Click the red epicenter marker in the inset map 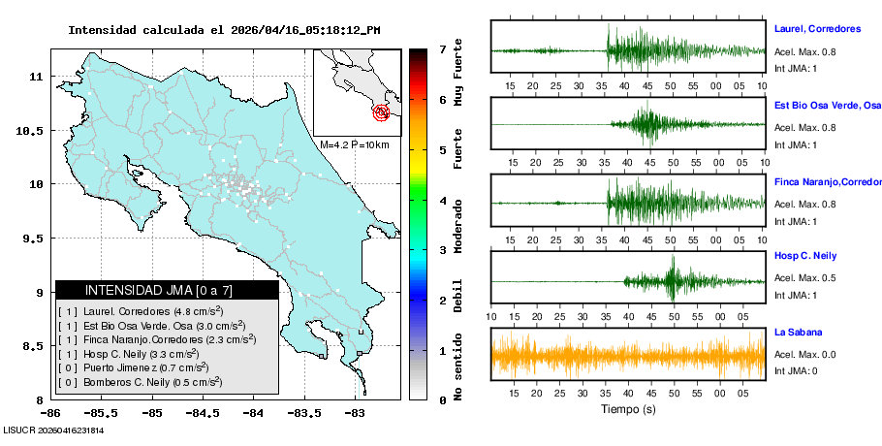pyautogui.click(x=382, y=112)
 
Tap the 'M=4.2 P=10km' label pyautogui.click(x=354, y=145)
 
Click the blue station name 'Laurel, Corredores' pyautogui.click(x=817, y=30)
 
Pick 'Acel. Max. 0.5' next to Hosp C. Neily pyautogui.click(x=804, y=277)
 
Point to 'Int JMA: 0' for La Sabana pyautogui.click(x=796, y=370)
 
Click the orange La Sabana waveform pyautogui.click(x=628, y=355)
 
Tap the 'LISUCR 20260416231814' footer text pyautogui.click(x=53, y=430)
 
